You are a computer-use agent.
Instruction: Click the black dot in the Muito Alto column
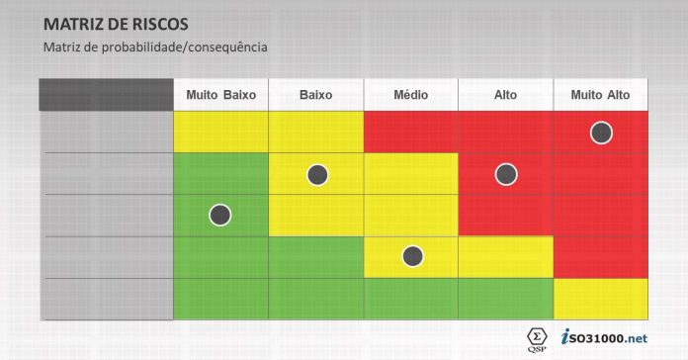click(600, 132)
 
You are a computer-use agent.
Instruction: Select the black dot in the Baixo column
click(316, 174)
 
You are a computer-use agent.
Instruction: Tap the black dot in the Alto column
click(506, 174)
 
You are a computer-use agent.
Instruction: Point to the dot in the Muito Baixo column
click(220, 214)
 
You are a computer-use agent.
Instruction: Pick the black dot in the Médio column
click(412, 256)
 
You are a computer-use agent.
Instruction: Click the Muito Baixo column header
click(220, 95)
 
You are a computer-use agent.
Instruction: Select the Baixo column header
click(315, 95)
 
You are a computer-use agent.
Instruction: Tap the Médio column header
click(410, 95)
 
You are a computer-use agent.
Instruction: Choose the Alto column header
click(505, 95)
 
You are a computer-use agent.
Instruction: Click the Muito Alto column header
click(600, 95)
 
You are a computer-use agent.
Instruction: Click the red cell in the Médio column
click(410, 133)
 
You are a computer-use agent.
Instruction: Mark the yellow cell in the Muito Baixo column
click(220, 133)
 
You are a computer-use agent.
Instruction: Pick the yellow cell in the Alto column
click(505, 257)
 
